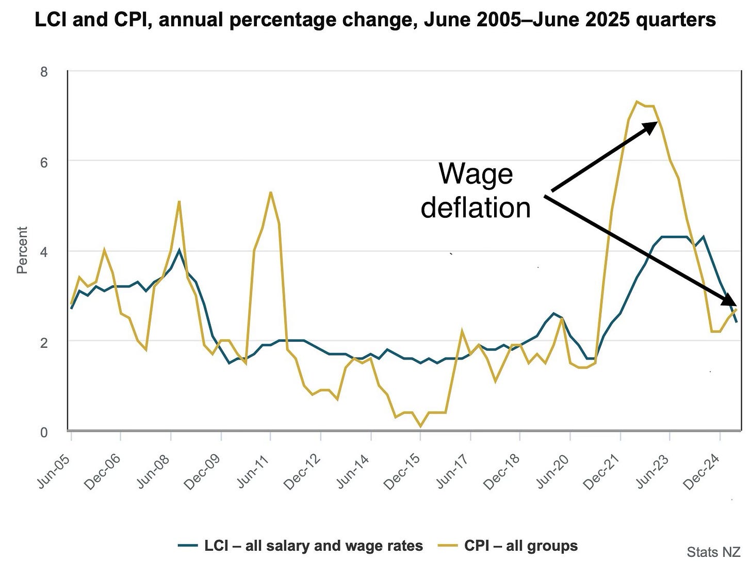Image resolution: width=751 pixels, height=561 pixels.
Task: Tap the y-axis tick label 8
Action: pyautogui.click(x=44, y=72)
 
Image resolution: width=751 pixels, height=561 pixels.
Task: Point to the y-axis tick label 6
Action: pyautogui.click(x=44, y=162)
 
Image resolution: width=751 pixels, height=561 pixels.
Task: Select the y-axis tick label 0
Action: pyautogui.click(x=44, y=432)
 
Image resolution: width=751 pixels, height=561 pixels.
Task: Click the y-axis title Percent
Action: pyautogui.click(x=22, y=250)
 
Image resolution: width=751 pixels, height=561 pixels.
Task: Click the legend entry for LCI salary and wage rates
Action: pyautogui.click(x=300, y=546)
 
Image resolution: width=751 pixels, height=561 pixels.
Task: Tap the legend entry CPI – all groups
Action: pyautogui.click(x=508, y=546)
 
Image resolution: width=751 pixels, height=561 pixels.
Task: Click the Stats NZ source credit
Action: pyautogui.click(x=713, y=552)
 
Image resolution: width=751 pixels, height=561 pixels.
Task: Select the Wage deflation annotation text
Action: pyautogui.click(x=476, y=190)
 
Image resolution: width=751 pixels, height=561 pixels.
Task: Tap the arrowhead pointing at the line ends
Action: pyautogui.click(x=731, y=301)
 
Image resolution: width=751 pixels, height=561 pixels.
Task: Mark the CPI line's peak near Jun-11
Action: pyautogui.click(x=271, y=193)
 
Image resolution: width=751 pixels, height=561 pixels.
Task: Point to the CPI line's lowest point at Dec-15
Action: pyautogui.click(x=420, y=426)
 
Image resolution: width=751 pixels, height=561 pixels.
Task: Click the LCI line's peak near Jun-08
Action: pyautogui.click(x=179, y=250)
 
